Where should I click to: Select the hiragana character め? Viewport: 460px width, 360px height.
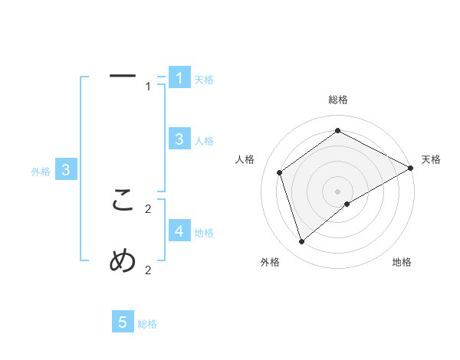point(123,261)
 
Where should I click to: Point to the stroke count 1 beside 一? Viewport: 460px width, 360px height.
point(148,87)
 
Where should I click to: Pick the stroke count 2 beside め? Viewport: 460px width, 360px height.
point(148,270)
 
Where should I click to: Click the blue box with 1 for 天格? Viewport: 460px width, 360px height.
point(179,77)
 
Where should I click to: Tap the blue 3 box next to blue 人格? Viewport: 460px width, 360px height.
point(179,139)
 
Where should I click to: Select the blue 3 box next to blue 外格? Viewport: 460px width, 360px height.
point(66,170)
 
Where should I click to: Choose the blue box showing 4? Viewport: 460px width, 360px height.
point(179,231)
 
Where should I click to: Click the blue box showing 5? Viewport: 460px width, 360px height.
point(123,322)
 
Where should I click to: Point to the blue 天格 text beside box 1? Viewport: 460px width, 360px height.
point(204,80)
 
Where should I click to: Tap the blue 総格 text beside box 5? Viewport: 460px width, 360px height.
point(147,325)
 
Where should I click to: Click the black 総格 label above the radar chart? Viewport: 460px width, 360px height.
point(337,100)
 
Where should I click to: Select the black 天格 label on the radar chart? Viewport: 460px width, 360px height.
point(431,159)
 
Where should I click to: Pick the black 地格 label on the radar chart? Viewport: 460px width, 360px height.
point(402,262)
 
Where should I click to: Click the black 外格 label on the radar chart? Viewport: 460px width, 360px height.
point(270,262)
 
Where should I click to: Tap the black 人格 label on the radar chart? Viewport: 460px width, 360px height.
point(245,159)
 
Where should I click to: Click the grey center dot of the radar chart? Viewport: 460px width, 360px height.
point(337,191)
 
